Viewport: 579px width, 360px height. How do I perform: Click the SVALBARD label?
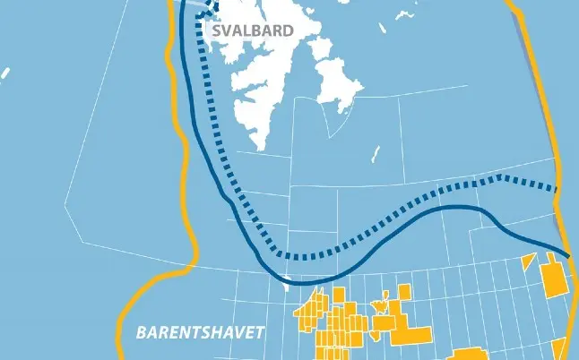(253, 30)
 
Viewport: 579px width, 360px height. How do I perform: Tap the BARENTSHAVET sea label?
(201, 333)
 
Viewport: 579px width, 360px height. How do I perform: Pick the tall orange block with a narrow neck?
(556, 278)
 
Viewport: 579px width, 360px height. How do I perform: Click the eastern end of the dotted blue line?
(556, 189)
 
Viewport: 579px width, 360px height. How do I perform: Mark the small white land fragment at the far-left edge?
(4, 73)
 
